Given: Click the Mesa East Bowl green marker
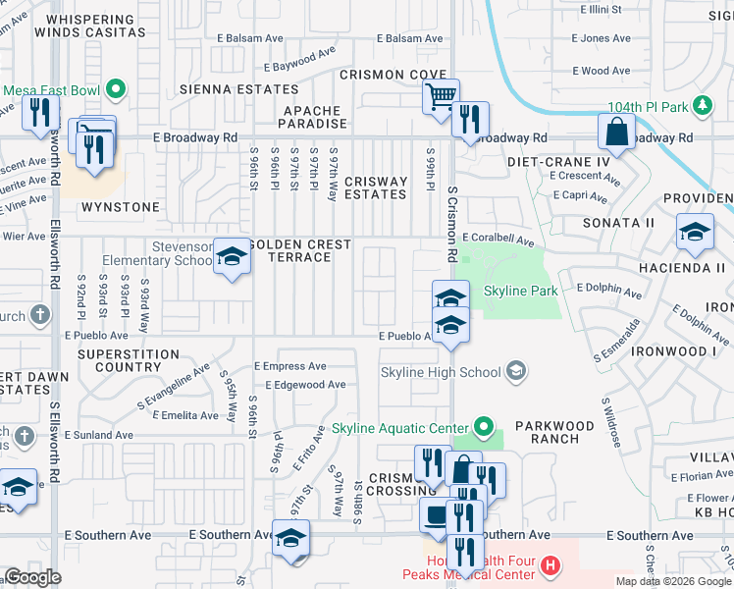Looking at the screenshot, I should tap(116, 90).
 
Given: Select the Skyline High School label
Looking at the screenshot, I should tap(443, 372).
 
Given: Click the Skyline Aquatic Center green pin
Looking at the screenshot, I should tap(483, 427).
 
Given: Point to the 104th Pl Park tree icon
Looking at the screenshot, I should tap(702, 104).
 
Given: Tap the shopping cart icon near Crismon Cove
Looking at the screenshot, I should tap(441, 96).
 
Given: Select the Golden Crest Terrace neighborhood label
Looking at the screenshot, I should tap(299, 250).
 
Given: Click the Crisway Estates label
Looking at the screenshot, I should tap(375, 187).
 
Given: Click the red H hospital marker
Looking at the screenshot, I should tap(550, 565).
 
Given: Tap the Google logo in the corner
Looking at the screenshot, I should tap(33, 577).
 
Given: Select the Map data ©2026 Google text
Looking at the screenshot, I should tap(672, 581).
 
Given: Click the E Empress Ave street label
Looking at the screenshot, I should tap(289, 366).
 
